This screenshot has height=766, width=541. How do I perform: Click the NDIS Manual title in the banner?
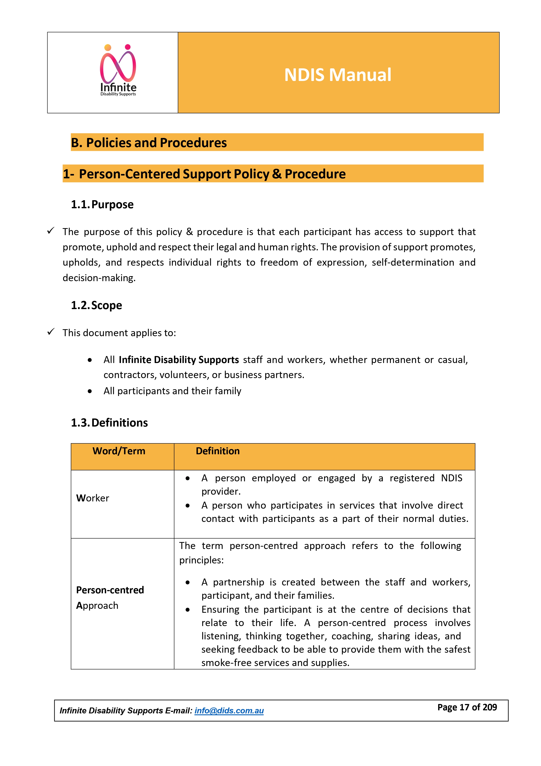pyautogui.click(x=337, y=75)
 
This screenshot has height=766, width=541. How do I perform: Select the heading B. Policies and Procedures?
pyautogui.click(x=149, y=143)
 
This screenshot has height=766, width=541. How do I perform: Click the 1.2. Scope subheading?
pyautogui.click(x=96, y=305)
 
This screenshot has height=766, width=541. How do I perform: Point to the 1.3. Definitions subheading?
pyautogui.click(x=109, y=423)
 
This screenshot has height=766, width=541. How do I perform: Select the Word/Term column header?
pyautogui.click(x=119, y=451)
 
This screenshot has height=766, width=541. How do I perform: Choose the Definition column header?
pyautogui.click(x=218, y=451)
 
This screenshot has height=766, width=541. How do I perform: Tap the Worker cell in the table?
pyautogui.click(x=93, y=498)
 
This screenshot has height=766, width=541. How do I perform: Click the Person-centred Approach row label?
pyautogui.click(x=110, y=597)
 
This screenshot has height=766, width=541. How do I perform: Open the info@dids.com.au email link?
pyautogui.click(x=229, y=711)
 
